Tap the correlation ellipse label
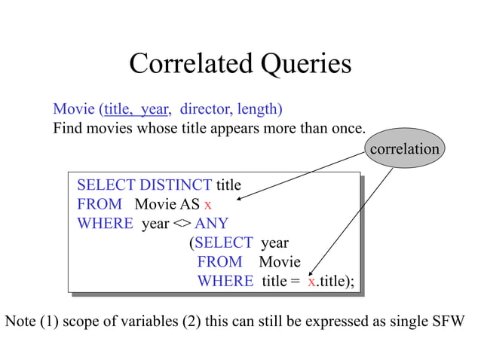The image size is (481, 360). click(x=404, y=148)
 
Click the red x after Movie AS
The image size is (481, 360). click(x=208, y=204)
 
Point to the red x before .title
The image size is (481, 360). click(x=311, y=281)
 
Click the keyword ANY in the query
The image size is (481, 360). click(x=212, y=224)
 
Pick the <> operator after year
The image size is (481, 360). click(x=183, y=224)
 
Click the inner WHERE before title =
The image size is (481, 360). click(x=225, y=281)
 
